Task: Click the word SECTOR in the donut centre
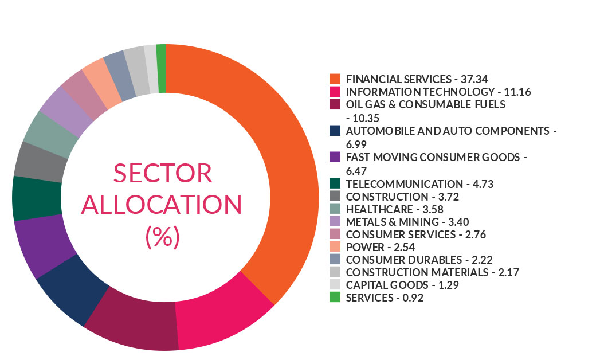(x=162, y=173)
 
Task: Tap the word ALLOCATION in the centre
(x=162, y=205)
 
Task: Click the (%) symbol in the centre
(x=163, y=236)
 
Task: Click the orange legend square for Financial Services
(x=335, y=79)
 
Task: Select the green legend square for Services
(x=335, y=297)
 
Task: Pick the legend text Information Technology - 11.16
(x=420, y=92)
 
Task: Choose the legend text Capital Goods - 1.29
(x=403, y=285)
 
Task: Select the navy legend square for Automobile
(x=335, y=131)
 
